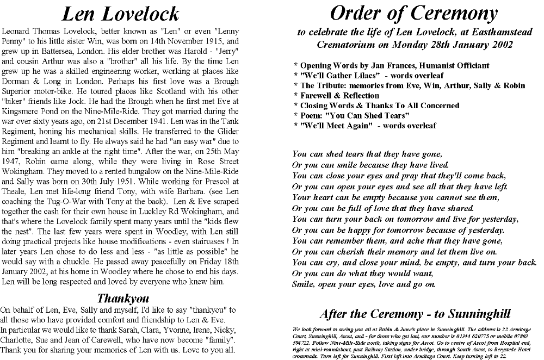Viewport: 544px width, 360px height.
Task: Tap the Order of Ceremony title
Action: [413, 13]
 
